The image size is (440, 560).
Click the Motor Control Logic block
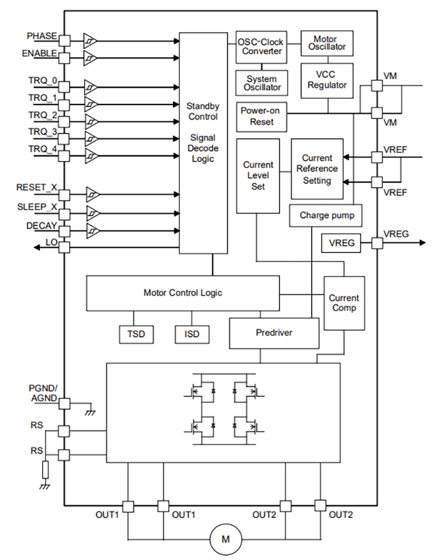coord(182,293)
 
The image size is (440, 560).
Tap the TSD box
coord(136,333)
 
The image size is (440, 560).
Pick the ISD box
coord(192,333)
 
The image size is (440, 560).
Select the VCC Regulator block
coord(327,80)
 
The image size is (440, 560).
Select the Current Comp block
coord(344,303)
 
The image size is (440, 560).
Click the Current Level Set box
coord(258,176)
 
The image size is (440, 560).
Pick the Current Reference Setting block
coord(317,169)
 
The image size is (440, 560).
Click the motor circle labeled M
coord(225,539)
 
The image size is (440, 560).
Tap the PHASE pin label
coord(41,35)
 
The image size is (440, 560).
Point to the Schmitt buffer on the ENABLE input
coord(91,59)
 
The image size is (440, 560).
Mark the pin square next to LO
coord(64,247)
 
